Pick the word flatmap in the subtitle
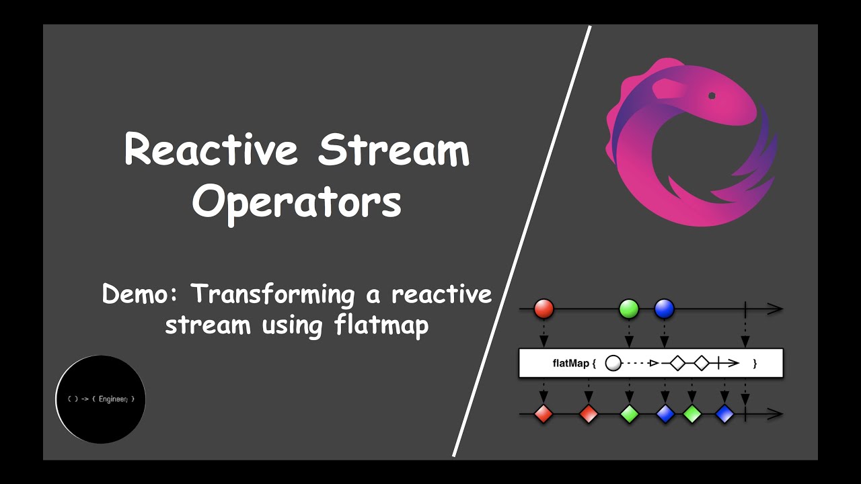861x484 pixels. click(x=381, y=325)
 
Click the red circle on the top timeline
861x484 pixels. click(x=544, y=309)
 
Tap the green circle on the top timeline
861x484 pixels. click(x=628, y=309)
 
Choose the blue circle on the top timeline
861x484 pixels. click(x=664, y=309)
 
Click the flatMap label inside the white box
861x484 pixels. click(x=570, y=364)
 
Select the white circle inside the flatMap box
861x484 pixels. click(x=613, y=364)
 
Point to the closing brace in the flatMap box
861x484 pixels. click(x=755, y=364)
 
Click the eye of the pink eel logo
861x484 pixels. click(x=712, y=96)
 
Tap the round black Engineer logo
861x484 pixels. click(x=100, y=399)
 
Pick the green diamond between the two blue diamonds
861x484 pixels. click(x=692, y=414)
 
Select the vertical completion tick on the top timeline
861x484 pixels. click(x=745, y=309)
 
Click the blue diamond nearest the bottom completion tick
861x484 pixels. click(x=724, y=414)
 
